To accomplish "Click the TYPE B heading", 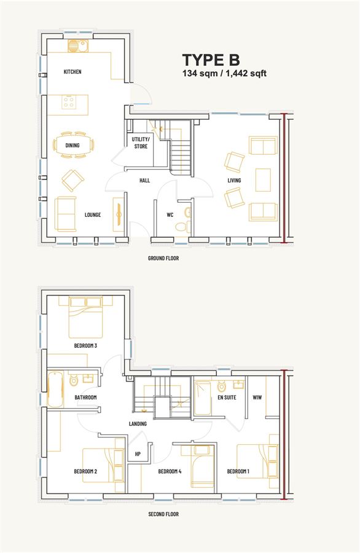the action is point(211,60).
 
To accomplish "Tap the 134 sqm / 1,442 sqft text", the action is point(224,73).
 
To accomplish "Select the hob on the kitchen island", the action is point(68,102).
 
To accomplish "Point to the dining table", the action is point(73,145).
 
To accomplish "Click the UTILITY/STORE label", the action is point(141,143).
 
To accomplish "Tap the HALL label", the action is point(144,181).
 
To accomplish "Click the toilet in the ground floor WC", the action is point(182,226).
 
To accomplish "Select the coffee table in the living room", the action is point(263,180).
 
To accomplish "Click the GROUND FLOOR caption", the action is point(163,258).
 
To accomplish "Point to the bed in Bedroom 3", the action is point(85,318).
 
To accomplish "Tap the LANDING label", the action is point(138,423).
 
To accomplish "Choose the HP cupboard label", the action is point(138,454).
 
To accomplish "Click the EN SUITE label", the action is point(227,398).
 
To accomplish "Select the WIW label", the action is point(257,398).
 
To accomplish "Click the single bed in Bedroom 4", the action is point(202,466).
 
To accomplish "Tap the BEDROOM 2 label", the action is point(85,471).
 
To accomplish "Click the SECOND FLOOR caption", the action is point(163,514).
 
